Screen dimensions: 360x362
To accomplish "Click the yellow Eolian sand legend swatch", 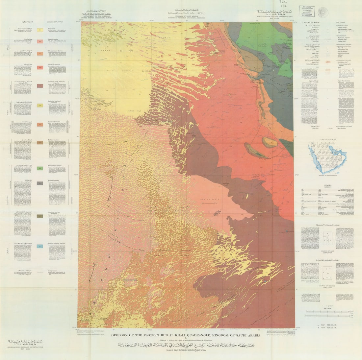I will coord(40,30).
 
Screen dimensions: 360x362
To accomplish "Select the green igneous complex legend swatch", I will coord(40,168).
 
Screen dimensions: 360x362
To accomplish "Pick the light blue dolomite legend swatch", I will coord(40,246).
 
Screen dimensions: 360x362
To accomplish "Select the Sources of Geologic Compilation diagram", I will coord(327,275).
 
